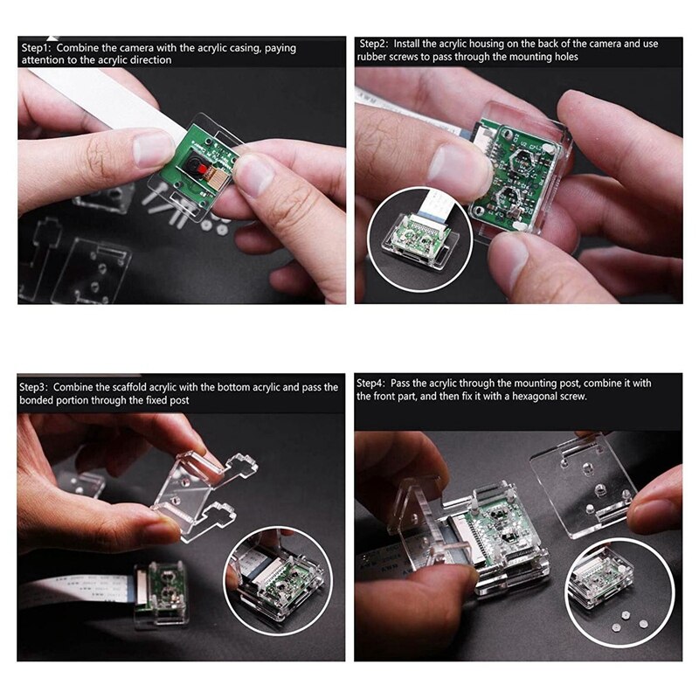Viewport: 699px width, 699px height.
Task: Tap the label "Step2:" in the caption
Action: click(x=373, y=43)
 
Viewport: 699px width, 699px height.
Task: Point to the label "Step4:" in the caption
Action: click(x=373, y=383)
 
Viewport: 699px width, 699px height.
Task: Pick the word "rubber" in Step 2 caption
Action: click(x=374, y=56)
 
